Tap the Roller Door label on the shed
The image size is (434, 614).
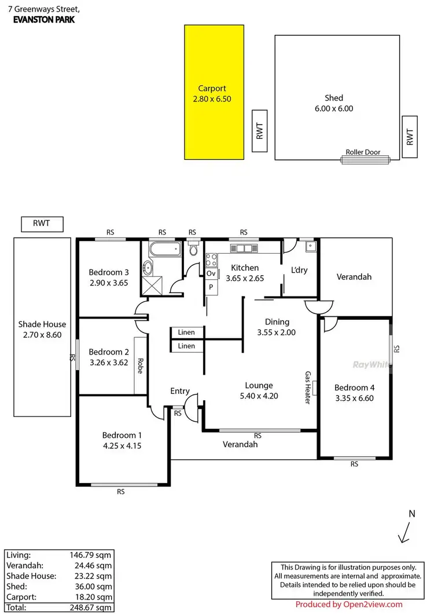pos(363,152)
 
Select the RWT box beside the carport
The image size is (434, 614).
pos(260,131)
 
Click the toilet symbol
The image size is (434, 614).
pos(194,251)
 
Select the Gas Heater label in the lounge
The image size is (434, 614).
pos(308,388)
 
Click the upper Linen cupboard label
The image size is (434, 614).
pos(186,332)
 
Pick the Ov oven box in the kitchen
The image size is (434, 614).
pos(211,273)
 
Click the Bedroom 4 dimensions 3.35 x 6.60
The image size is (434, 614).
pos(354,398)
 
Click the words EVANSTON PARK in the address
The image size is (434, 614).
pos(43,19)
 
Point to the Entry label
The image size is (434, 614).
pos(180,392)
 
